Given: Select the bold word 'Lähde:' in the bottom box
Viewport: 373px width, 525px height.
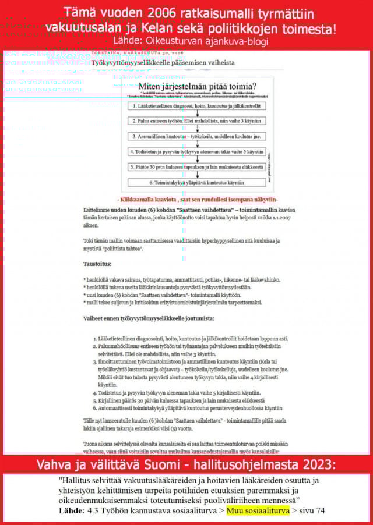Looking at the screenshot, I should (x=71, y=510).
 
